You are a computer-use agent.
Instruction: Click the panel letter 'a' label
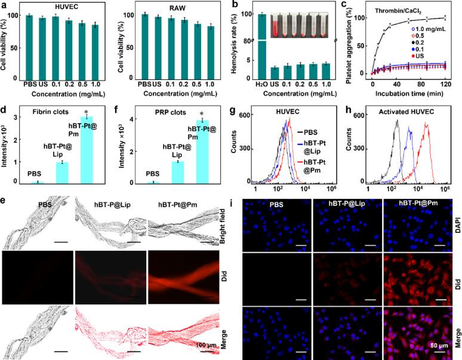[4, 5]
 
